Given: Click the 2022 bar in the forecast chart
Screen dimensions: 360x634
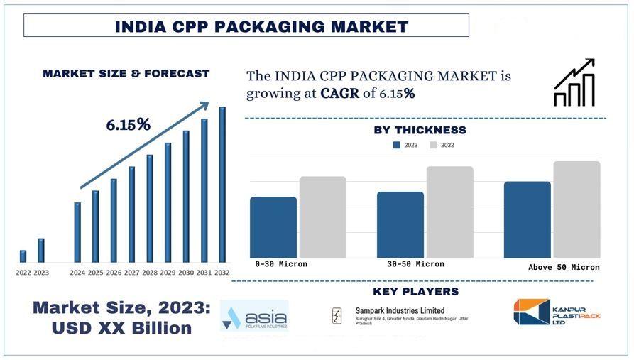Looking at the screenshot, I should (x=23, y=256).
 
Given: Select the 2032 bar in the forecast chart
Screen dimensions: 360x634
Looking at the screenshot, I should (x=222, y=185).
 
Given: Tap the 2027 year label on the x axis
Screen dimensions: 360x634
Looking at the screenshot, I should (x=131, y=273).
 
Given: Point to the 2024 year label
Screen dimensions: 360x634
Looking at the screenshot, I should (x=77, y=273).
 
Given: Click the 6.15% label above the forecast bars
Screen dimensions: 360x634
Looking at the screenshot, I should (x=129, y=125).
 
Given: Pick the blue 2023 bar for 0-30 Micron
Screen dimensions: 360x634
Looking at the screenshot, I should (x=273, y=227).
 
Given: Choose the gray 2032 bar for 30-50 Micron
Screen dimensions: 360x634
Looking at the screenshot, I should (x=449, y=212).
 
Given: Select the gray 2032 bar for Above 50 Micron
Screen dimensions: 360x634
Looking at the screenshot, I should (x=576, y=209).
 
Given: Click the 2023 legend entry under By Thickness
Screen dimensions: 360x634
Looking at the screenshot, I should (x=405, y=146).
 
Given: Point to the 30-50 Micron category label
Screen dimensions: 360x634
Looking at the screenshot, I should (x=415, y=264).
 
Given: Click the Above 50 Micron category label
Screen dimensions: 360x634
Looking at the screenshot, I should (x=564, y=268).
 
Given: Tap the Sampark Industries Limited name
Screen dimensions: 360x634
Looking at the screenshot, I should (x=400, y=311).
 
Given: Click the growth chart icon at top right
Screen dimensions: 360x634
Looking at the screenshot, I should (x=574, y=83).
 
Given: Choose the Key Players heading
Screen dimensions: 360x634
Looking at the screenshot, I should (x=415, y=292).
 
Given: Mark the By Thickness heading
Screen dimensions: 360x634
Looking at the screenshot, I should (x=420, y=130).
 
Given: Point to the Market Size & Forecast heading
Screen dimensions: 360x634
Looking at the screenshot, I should (x=126, y=73).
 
